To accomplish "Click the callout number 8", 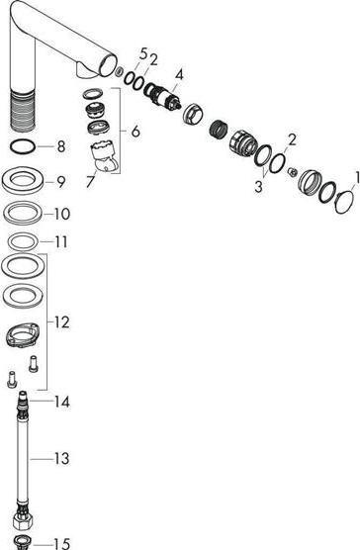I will click(60, 148).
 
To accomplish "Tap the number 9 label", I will click(60, 181).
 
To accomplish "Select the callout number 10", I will click(62, 213).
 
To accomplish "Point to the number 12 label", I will click(62, 322).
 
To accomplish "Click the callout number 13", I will click(62, 458).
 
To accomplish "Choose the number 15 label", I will click(62, 543).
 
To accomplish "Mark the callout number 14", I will click(62, 403).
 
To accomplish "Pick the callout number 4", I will click(178, 73).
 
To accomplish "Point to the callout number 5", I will click(142, 52).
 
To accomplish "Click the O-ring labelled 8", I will click(24, 148).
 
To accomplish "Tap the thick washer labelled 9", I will click(23, 182).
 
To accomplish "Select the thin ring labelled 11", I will click(23, 241).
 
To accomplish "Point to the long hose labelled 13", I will click(23, 465).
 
